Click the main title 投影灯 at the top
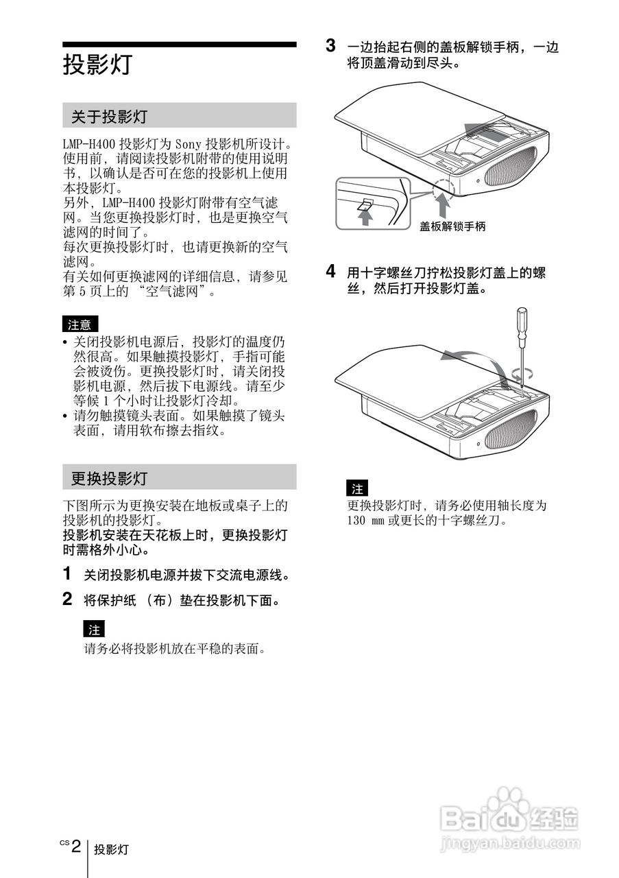(97, 65)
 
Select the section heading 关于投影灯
(109, 117)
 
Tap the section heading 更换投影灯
(109, 477)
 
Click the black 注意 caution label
(80, 324)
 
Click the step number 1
(67, 573)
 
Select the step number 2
(67, 600)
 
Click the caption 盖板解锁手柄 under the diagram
(452, 226)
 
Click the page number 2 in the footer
(76, 845)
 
